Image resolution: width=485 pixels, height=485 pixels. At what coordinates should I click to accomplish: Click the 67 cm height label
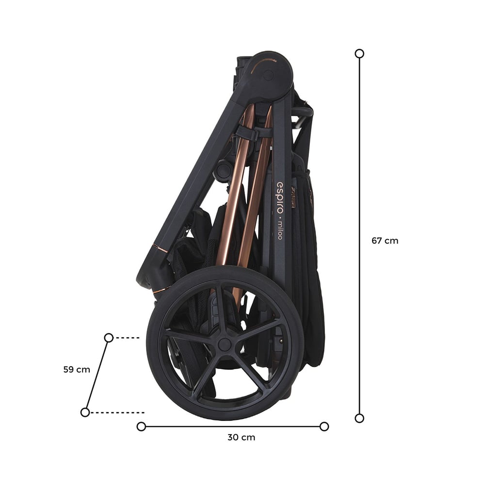coord(385,241)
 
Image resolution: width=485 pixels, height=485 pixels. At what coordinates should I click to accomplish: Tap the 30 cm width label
coord(241,437)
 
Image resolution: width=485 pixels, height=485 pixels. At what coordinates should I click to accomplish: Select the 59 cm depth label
coord(77,369)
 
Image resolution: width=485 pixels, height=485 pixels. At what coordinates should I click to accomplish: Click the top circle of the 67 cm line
coord(359,53)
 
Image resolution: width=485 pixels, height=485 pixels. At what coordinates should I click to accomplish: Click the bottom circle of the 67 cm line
coord(359,418)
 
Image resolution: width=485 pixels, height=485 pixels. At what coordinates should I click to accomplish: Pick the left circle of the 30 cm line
coord(141,426)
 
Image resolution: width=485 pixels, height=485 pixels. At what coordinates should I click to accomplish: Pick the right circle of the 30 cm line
coord(324,426)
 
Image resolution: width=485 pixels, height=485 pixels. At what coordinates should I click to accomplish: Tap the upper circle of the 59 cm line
coord(109,338)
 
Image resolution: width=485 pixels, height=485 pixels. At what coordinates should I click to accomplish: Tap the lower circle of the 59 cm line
coord(85,412)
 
